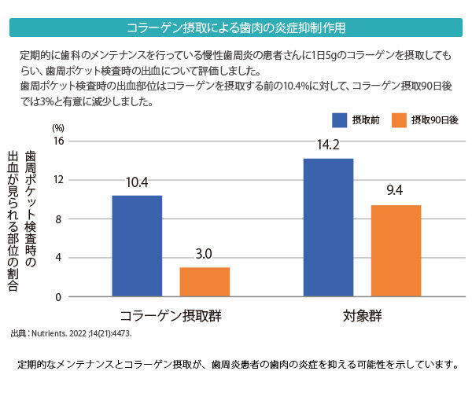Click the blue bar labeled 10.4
click(x=137, y=246)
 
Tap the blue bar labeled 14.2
click(x=328, y=228)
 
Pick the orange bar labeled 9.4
click(x=396, y=251)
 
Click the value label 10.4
click(x=136, y=182)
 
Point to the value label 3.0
click(x=204, y=254)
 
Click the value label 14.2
click(x=327, y=145)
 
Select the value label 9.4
click(x=395, y=191)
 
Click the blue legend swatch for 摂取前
click(x=340, y=120)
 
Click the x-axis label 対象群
click(x=362, y=316)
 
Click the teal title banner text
click(x=236, y=28)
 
